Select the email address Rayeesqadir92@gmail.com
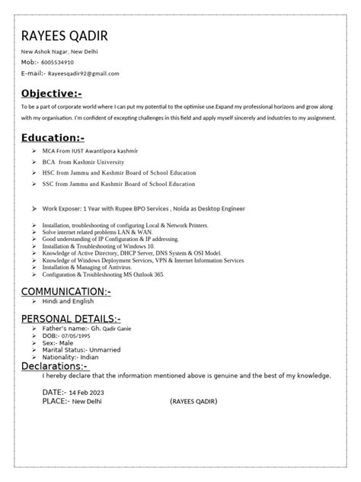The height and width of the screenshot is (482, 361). point(83,73)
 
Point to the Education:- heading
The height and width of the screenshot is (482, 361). point(53,139)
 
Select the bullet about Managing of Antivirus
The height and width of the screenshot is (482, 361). point(87,267)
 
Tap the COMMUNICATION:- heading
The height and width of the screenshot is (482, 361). point(66,292)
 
